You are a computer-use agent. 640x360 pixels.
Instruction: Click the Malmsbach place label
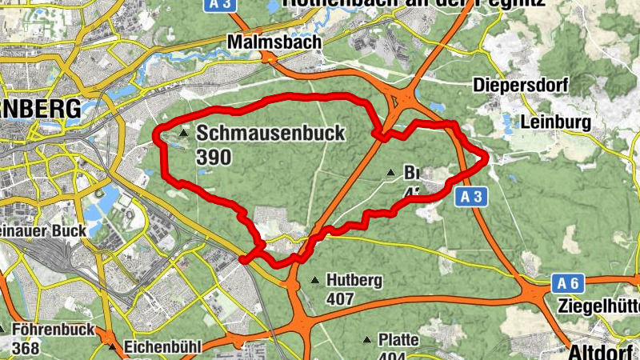point(274,42)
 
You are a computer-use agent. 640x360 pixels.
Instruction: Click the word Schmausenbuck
point(270,133)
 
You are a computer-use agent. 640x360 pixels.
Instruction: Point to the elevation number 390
point(213,157)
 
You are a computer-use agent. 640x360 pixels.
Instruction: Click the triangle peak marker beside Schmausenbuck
point(184,134)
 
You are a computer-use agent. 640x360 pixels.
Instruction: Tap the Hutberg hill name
point(354,281)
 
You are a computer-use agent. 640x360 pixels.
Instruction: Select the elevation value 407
point(341,300)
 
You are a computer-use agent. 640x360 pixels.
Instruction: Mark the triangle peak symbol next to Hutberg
point(315,281)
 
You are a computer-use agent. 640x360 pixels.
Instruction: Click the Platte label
point(399,340)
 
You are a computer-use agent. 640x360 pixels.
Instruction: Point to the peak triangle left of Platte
point(368,340)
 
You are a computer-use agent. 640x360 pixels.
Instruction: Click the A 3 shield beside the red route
point(472,196)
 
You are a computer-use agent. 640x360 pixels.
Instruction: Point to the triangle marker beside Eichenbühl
point(111,347)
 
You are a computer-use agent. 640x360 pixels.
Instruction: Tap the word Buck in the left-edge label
point(70,230)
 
